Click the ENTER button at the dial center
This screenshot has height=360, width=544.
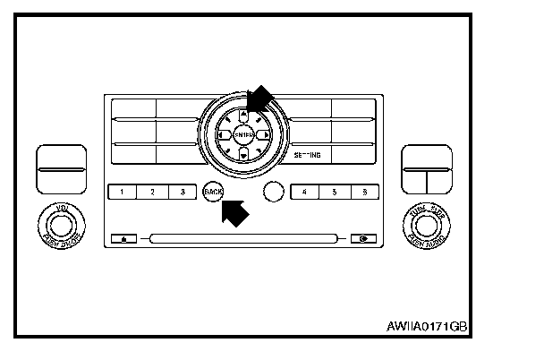tap(242, 135)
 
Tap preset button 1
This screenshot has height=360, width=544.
tap(123, 192)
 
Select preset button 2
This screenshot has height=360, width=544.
tap(153, 192)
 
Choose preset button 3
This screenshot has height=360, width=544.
tap(182, 192)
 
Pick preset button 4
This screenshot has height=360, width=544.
tap(304, 192)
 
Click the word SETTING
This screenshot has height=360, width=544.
tap(307, 155)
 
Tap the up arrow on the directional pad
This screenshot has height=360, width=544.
tap(242, 115)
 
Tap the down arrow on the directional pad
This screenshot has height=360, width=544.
tap(242, 156)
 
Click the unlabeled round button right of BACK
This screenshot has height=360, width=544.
tap(274, 192)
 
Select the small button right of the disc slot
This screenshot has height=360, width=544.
tap(363, 239)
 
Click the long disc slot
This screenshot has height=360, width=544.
tap(243, 239)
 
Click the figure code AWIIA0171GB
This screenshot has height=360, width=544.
tap(428, 327)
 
